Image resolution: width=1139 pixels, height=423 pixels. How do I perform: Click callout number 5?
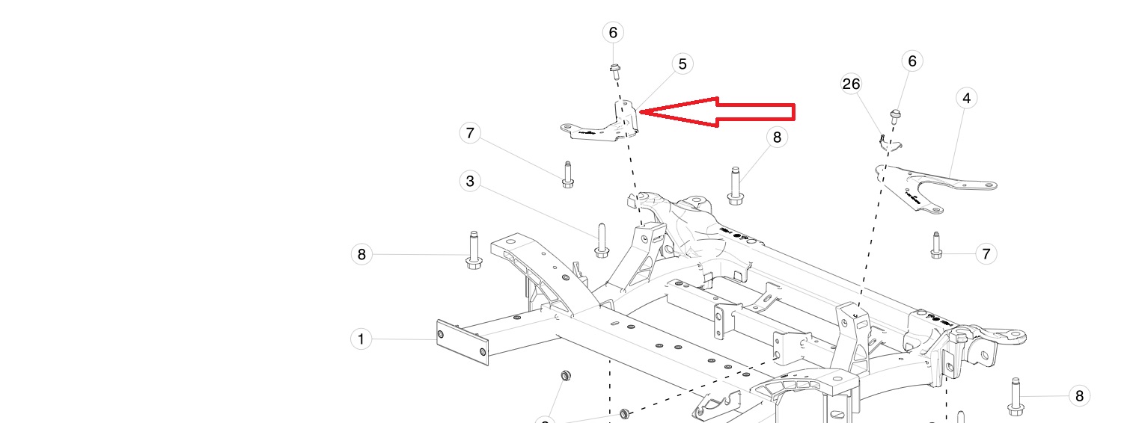(682, 64)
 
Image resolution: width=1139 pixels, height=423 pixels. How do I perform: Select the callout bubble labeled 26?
(852, 84)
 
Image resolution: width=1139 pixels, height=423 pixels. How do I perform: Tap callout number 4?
(966, 98)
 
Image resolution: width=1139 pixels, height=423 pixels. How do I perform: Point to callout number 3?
(470, 181)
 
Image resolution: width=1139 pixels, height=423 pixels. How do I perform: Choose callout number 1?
(361, 339)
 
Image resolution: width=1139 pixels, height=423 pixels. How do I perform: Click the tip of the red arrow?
(641, 112)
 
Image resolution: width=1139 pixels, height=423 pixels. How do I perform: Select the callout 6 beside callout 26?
(911, 61)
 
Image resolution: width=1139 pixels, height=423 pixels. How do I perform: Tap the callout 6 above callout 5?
(613, 32)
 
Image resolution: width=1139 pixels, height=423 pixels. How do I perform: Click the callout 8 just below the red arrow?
(777, 137)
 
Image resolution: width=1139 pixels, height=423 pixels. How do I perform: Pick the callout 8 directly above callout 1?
(361, 254)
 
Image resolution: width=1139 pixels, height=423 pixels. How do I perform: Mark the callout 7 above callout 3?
(470, 134)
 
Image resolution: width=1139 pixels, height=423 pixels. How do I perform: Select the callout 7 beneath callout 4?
(986, 254)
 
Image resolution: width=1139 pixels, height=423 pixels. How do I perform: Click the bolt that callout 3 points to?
(601, 241)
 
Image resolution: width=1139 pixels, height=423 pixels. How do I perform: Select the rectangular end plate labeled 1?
(462, 343)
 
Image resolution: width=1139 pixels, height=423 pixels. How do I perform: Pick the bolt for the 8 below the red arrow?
(735, 186)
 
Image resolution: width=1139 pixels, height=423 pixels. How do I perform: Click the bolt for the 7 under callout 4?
(935, 246)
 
